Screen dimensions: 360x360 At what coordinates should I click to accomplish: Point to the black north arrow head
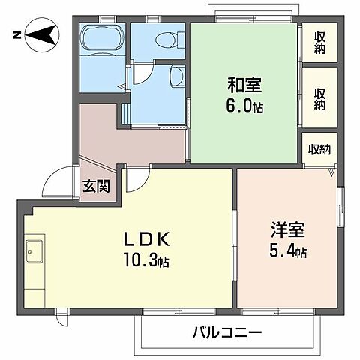point(47,34)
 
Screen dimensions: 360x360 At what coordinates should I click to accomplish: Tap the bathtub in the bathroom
point(101,43)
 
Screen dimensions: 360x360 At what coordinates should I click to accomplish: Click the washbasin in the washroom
point(175,76)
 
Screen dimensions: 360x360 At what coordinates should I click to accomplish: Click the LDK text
point(149,241)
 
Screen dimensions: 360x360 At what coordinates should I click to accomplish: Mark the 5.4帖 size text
point(288,251)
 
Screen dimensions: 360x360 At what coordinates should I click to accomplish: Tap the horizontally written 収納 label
point(319,149)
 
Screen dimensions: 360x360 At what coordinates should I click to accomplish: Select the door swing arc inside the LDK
point(137,178)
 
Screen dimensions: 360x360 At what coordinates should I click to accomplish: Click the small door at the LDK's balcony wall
point(62,317)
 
